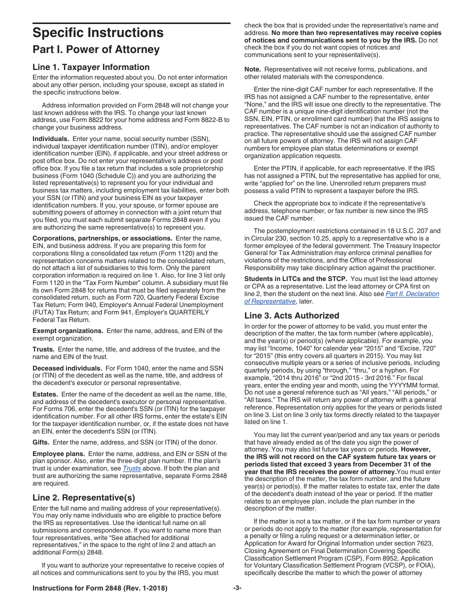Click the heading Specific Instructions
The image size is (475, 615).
[97, 33]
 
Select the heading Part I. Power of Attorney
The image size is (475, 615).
[96, 49]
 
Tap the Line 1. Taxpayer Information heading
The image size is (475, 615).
[90, 67]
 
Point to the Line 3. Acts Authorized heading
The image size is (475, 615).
[291, 315]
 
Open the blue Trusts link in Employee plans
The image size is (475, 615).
[132, 468]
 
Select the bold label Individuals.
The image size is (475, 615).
[50, 138]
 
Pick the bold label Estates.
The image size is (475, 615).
[45, 394]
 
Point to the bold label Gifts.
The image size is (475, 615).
[41, 442]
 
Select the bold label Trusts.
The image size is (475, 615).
[43, 349]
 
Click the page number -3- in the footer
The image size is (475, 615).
[237, 588]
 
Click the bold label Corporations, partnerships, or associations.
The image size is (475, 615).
[102, 238]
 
